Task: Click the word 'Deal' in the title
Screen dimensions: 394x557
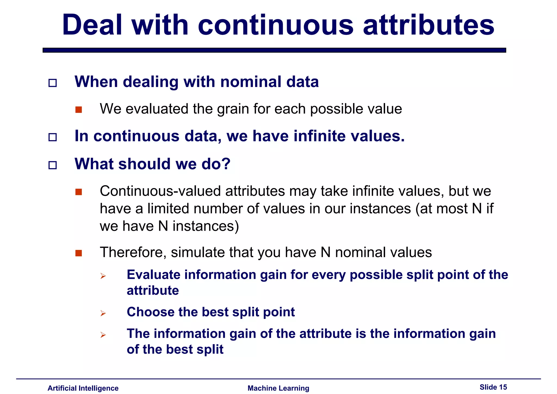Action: point(92,25)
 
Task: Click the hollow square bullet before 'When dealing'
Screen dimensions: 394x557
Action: point(52,83)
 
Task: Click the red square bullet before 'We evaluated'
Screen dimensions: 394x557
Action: point(79,110)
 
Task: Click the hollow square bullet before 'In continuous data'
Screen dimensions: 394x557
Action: point(52,137)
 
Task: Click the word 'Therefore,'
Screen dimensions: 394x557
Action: point(133,253)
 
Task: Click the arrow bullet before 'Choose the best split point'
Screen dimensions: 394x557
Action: point(103,313)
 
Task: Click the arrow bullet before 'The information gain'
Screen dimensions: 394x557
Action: point(103,335)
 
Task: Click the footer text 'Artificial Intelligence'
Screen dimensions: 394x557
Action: point(83,388)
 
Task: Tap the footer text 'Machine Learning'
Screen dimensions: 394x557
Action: point(278,388)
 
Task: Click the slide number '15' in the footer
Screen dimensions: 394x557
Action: point(503,387)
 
